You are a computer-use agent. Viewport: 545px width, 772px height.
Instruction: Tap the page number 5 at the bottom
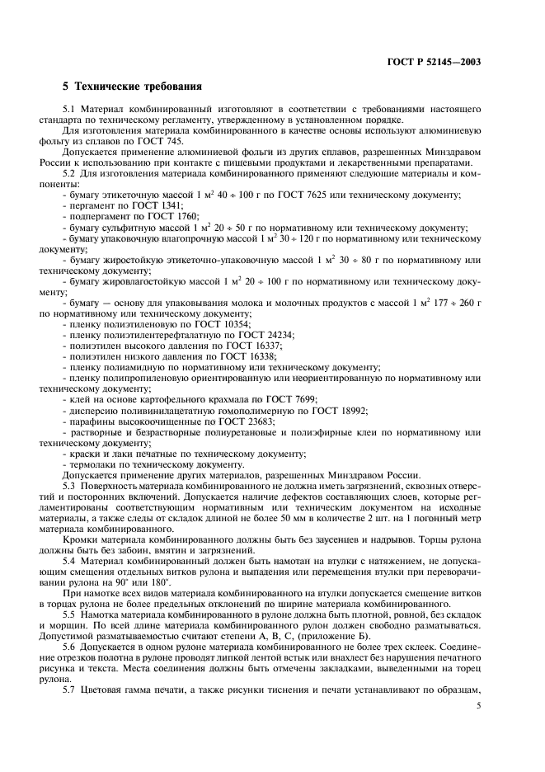click(478, 706)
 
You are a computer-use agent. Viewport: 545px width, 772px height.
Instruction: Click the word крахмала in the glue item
click(199, 398)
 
